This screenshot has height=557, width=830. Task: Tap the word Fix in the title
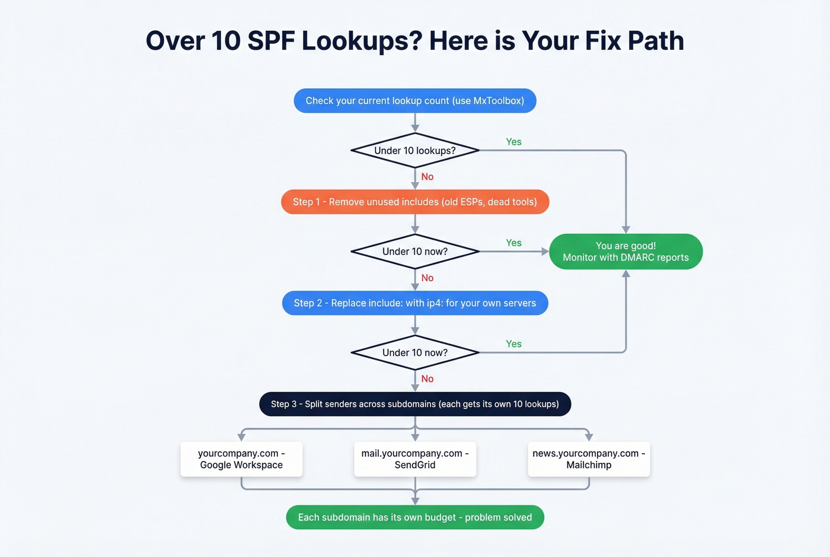[x=603, y=41]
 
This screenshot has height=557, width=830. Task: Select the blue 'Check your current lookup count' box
[x=415, y=101]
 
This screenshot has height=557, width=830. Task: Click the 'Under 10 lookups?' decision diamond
[x=415, y=151]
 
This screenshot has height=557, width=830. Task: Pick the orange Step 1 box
[x=415, y=202]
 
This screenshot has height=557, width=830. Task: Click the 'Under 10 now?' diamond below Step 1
[x=415, y=252]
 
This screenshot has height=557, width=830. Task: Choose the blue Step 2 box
[x=415, y=303]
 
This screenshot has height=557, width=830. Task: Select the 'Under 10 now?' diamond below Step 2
[x=415, y=352]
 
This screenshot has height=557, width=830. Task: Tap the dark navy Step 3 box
[x=415, y=404]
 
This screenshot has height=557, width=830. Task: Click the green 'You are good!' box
[x=625, y=252]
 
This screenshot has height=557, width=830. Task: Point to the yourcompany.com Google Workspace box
[x=241, y=459]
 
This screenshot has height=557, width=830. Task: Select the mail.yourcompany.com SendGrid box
[x=415, y=459]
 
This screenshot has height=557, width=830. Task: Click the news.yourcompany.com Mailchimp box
[x=589, y=459]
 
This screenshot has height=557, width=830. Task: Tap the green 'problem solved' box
[x=415, y=517]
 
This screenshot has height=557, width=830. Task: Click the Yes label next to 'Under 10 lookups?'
[x=513, y=142]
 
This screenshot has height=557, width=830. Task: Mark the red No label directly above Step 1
[x=427, y=177]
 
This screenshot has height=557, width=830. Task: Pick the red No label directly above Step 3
[x=427, y=379]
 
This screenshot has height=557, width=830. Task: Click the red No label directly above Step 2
[x=427, y=278]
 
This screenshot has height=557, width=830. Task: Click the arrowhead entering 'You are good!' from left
[x=545, y=252]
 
